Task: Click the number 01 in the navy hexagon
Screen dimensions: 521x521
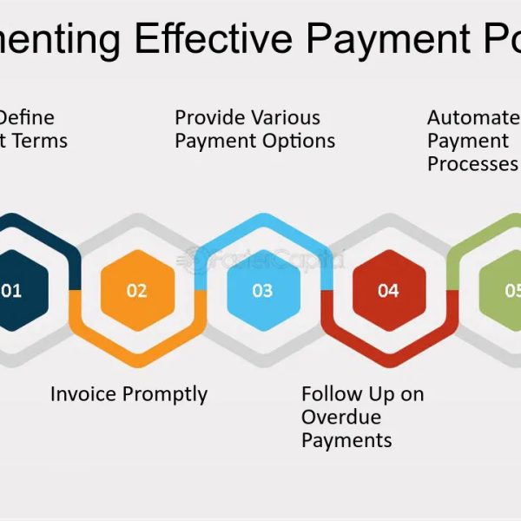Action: [10, 291]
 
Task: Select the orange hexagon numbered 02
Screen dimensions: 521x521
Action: [137, 291]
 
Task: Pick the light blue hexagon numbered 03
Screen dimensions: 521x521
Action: [262, 291]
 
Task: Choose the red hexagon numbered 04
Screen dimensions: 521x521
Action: [388, 291]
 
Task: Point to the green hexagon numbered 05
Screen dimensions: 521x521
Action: [509, 291]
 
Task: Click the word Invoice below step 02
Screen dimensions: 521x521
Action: [82, 394]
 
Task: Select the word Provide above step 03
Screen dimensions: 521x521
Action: [209, 117]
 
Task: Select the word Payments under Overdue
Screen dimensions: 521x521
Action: [346, 440]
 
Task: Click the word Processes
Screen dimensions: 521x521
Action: [472, 164]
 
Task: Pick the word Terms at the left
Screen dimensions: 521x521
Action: [40, 141]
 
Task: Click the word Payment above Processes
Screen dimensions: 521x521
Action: [468, 141]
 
